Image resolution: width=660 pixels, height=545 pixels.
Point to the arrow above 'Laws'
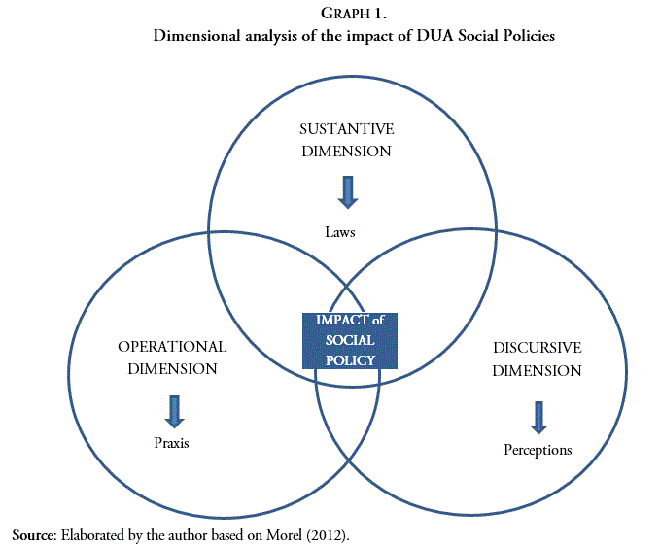(347, 190)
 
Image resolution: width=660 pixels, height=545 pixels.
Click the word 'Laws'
(341, 232)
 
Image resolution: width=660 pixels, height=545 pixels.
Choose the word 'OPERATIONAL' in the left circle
(172, 347)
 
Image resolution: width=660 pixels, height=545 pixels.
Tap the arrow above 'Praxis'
(174, 411)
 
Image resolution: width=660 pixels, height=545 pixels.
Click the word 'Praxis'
(170, 443)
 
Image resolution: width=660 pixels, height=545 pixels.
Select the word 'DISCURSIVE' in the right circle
(538, 348)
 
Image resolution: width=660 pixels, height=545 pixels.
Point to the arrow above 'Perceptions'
(537, 417)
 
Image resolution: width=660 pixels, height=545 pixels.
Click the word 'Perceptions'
(538, 450)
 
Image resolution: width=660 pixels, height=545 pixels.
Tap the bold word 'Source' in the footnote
(34, 534)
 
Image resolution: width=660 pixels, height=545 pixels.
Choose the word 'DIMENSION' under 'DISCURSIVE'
(537, 370)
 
